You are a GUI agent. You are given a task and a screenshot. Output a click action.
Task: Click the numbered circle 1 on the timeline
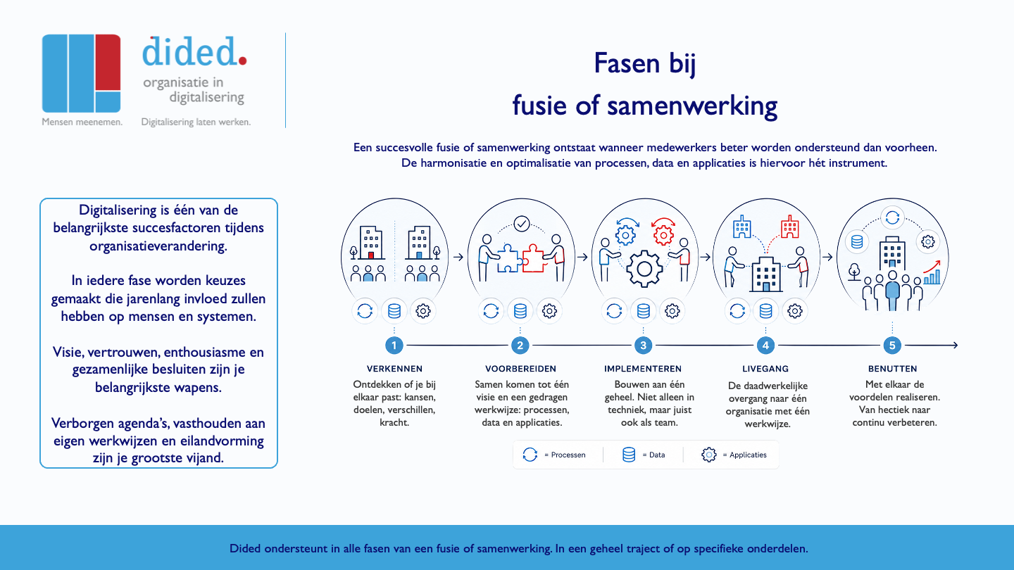tap(394, 346)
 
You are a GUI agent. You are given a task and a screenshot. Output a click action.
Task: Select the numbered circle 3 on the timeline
tap(643, 346)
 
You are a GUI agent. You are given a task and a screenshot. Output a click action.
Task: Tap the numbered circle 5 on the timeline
tap(892, 346)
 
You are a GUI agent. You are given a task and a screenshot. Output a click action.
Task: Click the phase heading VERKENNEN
tap(394, 369)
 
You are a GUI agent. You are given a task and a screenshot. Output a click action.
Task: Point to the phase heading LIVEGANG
tap(765, 369)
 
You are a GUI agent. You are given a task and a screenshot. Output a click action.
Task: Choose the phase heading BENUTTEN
tap(893, 369)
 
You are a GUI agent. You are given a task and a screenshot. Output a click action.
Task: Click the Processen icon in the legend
tap(530, 455)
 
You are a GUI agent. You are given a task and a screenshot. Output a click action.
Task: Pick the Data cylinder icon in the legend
tap(629, 455)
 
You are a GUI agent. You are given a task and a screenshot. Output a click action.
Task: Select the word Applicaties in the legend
tap(748, 455)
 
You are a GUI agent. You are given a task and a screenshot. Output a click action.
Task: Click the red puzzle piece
tap(533, 259)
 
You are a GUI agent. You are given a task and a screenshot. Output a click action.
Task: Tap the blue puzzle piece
tap(509, 259)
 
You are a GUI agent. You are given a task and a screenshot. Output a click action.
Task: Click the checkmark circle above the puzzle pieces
tap(522, 224)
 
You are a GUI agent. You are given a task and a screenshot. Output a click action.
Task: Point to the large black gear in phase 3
tap(644, 269)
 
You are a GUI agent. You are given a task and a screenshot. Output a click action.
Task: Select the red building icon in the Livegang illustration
tap(789, 227)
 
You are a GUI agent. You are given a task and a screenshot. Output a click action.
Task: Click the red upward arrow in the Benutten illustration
tap(932, 267)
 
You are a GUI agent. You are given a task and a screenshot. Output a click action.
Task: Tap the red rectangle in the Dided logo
tap(108, 62)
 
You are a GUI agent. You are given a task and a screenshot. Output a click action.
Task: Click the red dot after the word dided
tap(242, 61)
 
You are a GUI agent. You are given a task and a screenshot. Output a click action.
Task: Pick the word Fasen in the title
tap(626, 63)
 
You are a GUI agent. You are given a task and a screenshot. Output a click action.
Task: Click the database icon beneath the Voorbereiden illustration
tap(520, 311)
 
